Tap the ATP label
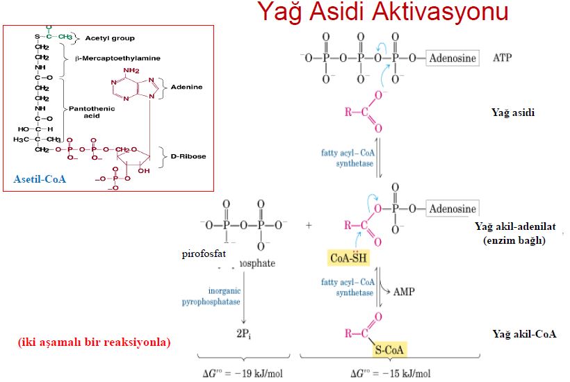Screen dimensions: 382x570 [x=502, y=58]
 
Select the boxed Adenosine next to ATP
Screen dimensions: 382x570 [x=453, y=58]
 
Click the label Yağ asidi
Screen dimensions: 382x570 [x=514, y=113]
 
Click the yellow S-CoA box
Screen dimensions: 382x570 [x=388, y=349]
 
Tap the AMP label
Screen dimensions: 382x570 [x=404, y=292]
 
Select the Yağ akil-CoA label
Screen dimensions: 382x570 [x=525, y=334]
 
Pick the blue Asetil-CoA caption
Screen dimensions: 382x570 [x=40, y=179]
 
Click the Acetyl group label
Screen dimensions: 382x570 [x=110, y=38]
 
